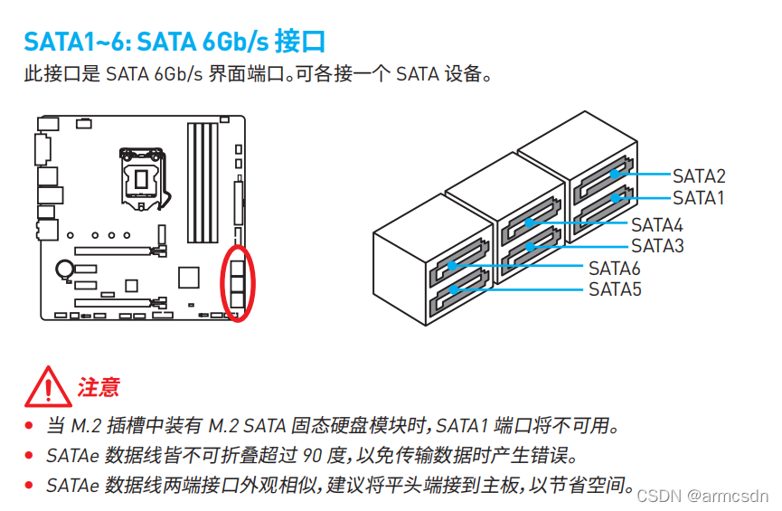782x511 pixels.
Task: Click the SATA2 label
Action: pos(699,176)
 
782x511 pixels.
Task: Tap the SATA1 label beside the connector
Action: pos(699,198)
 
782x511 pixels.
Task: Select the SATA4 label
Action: pos(657,225)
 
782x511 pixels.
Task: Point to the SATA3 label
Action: pos(657,246)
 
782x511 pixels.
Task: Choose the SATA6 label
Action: pos(615,269)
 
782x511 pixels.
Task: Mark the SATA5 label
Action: pos(615,289)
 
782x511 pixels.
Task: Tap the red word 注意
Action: pos(99,388)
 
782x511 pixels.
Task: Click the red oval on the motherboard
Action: pos(239,282)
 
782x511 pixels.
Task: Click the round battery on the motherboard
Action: pos(65,269)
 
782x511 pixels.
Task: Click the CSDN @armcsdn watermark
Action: pos(702,496)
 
